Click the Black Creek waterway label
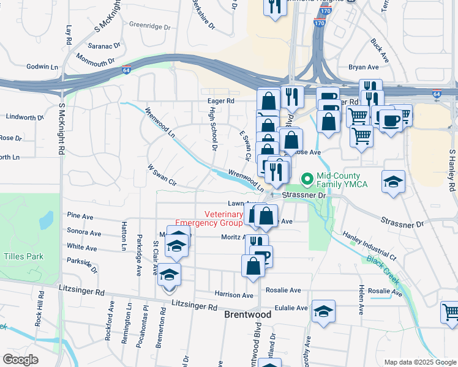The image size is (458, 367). click(x=383, y=269)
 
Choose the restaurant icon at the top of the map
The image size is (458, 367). click(x=273, y=6)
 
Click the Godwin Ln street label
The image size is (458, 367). click(x=42, y=67)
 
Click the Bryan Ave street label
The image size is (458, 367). click(x=364, y=67)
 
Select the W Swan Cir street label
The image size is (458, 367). click(x=162, y=175)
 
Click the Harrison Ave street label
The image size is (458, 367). click(x=234, y=295)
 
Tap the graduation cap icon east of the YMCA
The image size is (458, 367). click(x=393, y=181)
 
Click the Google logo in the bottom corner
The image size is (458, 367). click(x=20, y=360)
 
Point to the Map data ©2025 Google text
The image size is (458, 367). click(x=419, y=362)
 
